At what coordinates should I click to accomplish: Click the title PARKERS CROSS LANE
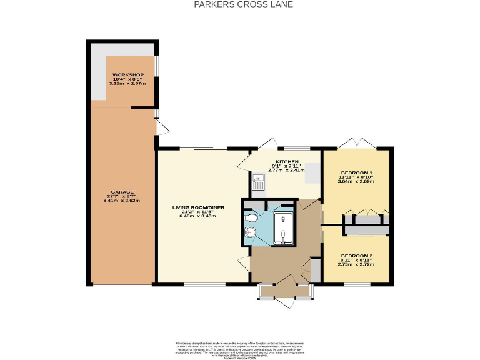click(239, 4)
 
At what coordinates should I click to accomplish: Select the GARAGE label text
click(124, 192)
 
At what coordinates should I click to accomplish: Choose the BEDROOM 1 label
click(356, 172)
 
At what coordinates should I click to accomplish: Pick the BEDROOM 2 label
click(356, 255)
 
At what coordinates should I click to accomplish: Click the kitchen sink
click(257, 182)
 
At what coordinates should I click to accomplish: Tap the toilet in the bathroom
click(251, 218)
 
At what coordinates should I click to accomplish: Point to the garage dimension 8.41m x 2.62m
click(124, 201)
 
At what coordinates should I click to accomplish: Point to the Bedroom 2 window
click(356, 285)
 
